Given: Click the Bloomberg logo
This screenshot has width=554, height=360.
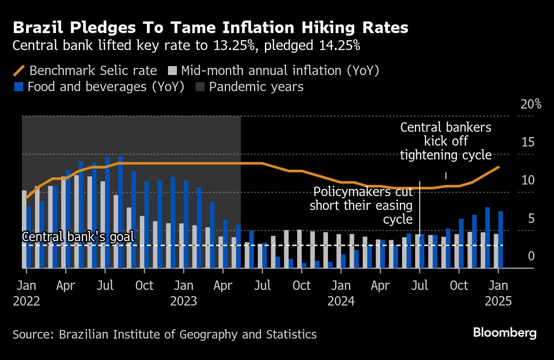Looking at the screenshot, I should tap(504, 333).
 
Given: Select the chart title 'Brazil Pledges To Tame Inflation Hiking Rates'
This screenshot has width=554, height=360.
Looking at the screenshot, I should tap(210, 28).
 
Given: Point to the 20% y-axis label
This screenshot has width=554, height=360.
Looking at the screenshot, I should tap(531, 105).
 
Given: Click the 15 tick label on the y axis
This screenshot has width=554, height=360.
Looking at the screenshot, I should tap(528, 143).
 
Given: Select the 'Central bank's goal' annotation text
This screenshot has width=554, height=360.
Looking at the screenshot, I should tap(78, 237).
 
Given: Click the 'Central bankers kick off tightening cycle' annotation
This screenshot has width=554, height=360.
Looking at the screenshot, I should tap(445, 141).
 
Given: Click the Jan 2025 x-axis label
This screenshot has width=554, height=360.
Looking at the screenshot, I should tap(499, 293).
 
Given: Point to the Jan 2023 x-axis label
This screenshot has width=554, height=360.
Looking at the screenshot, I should tap(183, 293).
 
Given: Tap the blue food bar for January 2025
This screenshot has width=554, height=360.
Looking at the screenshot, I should tap(501, 239).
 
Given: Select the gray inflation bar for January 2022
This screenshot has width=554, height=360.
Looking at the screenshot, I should tap(24, 229).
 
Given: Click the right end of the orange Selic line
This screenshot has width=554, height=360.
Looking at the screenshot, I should tap(499, 167).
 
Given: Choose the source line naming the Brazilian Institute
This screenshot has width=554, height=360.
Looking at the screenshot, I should tap(164, 334).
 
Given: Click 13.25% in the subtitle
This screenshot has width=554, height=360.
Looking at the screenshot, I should tap(233, 46).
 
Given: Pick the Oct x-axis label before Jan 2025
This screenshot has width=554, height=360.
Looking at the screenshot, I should tap(459, 286).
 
